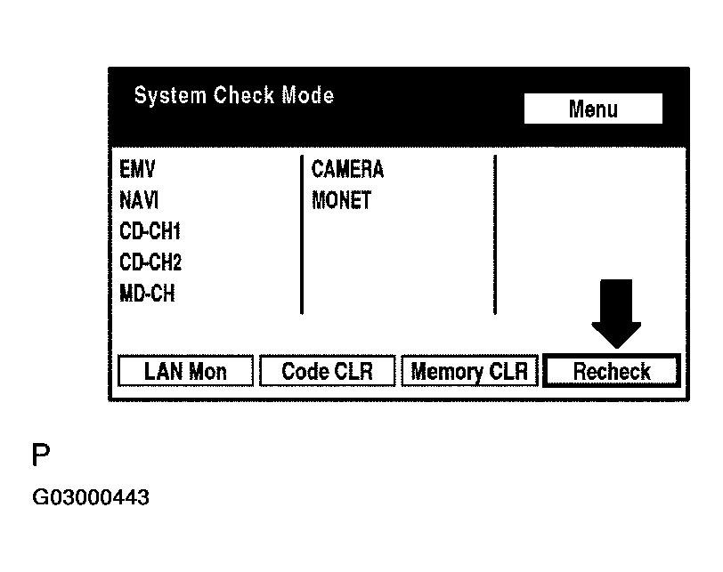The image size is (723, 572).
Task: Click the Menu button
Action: pyautogui.click(x=593, y=109)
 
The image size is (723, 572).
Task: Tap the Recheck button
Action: pyautogui.click(x=612, y=372)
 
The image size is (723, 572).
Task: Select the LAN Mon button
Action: pyautogui.click(x=185, y=372)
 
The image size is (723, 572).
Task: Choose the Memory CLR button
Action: pyautogui.click(x=470, y=372)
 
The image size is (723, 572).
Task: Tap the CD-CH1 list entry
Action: pyautogui.click(x=150, y=231)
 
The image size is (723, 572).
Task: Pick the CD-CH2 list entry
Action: pyautogui.click(x=150, y=262)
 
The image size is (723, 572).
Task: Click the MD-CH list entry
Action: pyautogui.click(x=147, y=294)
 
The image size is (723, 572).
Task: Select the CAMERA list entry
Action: pyautogui.click(x=347, y=169)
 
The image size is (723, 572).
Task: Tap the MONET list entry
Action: pyautogui.click(x=341, y=200)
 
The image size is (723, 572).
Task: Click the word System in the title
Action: pyautogui.click(x=170, y=95)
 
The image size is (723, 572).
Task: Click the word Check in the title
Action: pyautogui.click(x=245, y=95)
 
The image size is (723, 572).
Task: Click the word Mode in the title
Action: pyautogui.click(x=307, y=95)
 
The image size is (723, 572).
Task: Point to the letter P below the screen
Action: pyautogui.click(x=41, y=456)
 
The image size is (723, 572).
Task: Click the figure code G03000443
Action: pyautogui.click(x=91, y=497)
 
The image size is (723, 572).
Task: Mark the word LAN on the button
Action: pyautogui.click(x=163, y=372)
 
